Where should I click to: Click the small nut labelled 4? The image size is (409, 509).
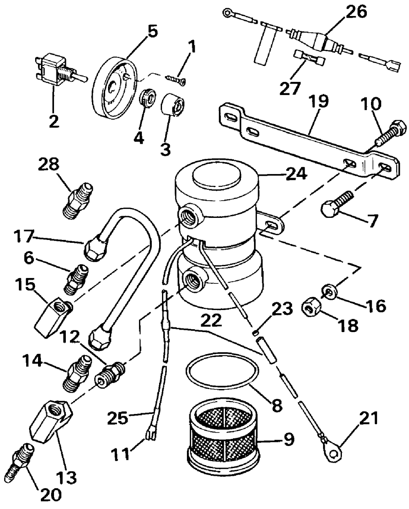point(148,100)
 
